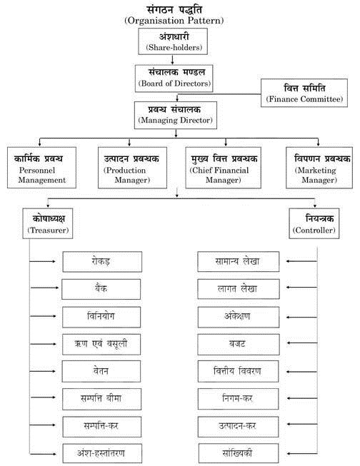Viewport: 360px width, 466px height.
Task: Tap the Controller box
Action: pos(312,224)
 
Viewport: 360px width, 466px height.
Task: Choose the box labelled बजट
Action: pos(236,343)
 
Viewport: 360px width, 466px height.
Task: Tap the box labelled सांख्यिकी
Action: pos(236,452)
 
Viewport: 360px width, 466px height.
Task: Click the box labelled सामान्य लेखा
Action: pos(236,262)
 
